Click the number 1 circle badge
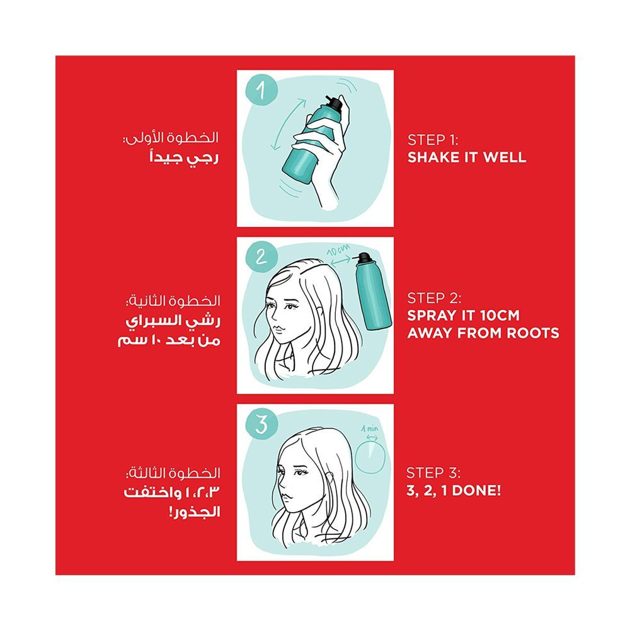pos(261,90)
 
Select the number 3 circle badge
pos(261,424)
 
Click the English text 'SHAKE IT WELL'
pos(466,157)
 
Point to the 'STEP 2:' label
pos(434,298)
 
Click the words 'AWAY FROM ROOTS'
pos(483,333)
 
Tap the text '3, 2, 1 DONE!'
pos(454,490)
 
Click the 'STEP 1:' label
pos(433,140)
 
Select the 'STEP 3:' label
pos(433,473)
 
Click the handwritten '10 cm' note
pos(338,249)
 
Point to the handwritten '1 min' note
pos(370,428)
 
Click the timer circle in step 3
pos(370,457)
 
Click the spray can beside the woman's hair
pos(372,291)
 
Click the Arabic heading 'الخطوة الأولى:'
pos(171,138)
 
